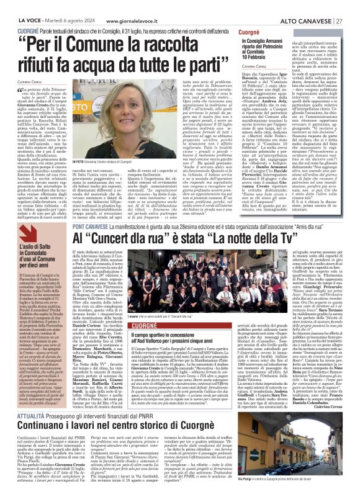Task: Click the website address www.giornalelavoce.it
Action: [x=112, y=6]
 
